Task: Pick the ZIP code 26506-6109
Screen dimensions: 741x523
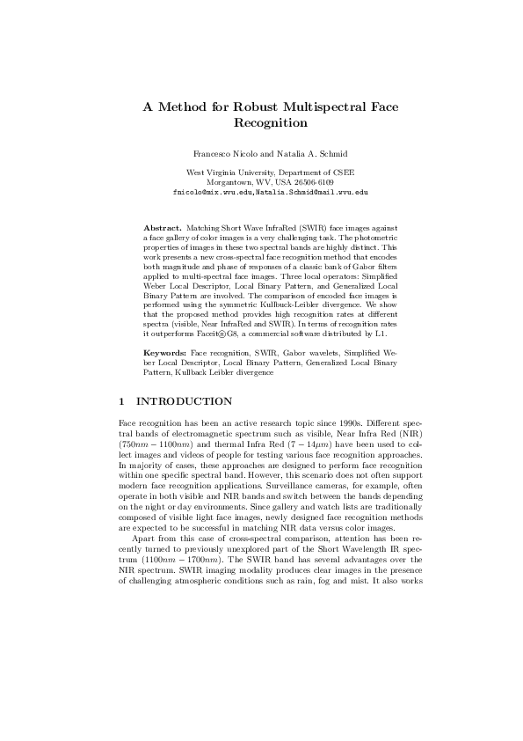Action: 316,181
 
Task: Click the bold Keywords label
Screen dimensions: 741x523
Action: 165,351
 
